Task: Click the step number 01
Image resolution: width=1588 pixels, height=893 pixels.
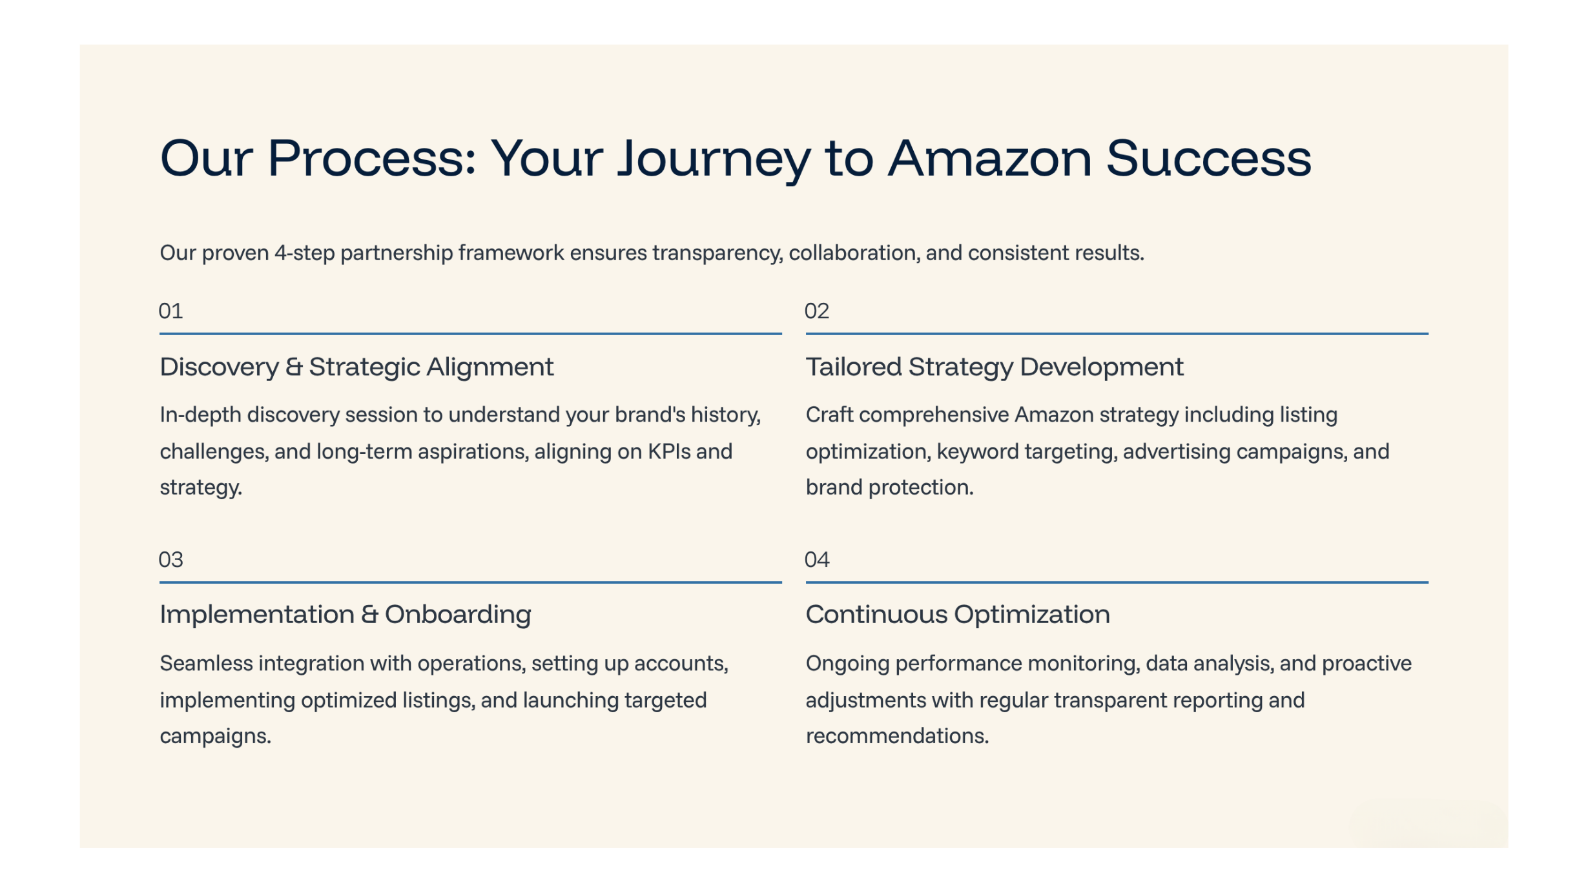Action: (170, 311)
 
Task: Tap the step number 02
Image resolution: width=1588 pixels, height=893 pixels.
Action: (817, 311)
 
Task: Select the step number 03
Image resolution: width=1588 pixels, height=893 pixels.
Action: (170, 559)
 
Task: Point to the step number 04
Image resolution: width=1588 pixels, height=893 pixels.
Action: (817, 559)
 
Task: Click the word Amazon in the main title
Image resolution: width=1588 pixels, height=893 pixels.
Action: (990, 158)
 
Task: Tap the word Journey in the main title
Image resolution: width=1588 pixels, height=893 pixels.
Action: (714, 161)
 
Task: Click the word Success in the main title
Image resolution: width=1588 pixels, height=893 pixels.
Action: (1209, 158)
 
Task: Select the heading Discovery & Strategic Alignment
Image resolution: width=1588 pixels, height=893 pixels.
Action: (356, 367)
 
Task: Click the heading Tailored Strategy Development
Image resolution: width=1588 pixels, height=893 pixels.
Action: (995, 367)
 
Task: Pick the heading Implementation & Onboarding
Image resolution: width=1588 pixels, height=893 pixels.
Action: (345, 615)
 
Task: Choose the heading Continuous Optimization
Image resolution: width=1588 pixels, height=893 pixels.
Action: (958, 615)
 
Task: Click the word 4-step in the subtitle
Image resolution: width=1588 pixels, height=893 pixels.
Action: (304, 253)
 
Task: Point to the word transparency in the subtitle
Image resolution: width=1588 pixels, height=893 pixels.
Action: (717, 253)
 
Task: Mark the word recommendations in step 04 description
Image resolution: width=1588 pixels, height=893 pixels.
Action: (897, 736)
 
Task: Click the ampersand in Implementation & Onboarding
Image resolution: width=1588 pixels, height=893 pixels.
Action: (369, 615)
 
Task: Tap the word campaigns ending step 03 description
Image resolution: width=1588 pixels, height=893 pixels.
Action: (215, 737)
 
